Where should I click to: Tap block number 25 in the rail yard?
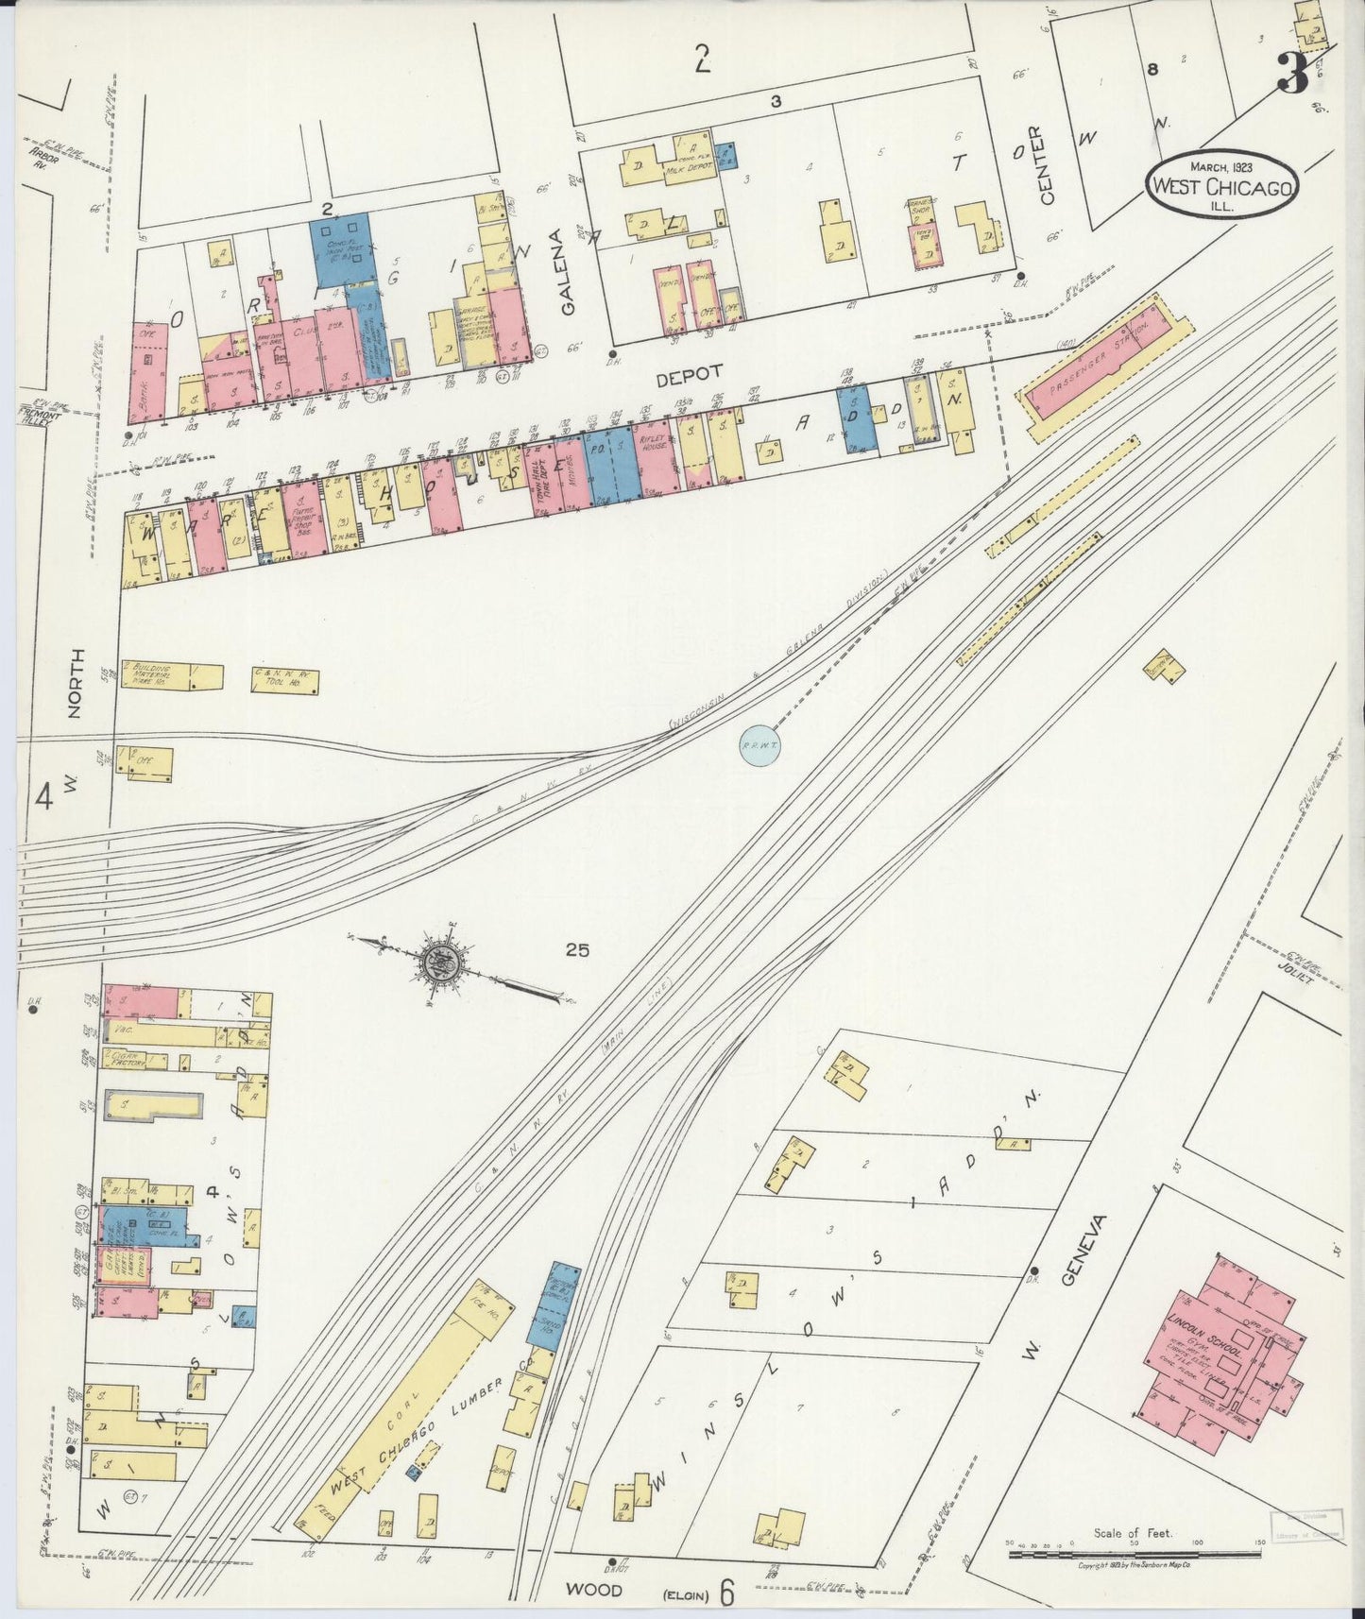tap(577, 950)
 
